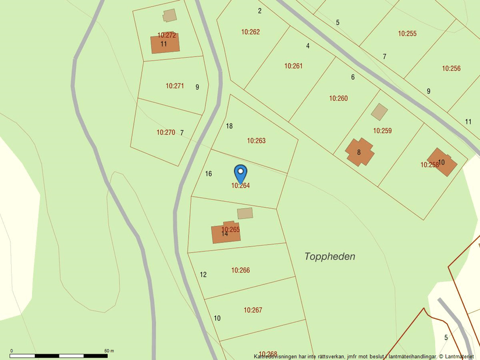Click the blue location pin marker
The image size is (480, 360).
[240, 173]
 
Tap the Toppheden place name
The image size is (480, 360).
[329, 256]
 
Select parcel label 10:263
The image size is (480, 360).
[256, 141]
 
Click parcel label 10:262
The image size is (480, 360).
[250, 32]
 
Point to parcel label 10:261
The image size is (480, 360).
[293, 66]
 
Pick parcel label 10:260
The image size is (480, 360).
[338, 98]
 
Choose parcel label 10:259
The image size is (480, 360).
[382, 131]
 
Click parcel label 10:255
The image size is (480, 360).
[407, 34]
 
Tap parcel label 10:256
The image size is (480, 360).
[451, 69]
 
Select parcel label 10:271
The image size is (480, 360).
[175, 86]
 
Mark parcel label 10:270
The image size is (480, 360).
[165, 133]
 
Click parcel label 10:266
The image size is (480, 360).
[240, 270]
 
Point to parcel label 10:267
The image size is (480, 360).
[253, 310]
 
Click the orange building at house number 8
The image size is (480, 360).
[359, 152]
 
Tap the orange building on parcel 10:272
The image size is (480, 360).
[165, 44]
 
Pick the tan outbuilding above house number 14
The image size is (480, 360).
[245, 213]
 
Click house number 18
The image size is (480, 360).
[229, 126]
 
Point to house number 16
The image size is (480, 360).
[208, 174]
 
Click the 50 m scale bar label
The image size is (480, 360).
[109, 351]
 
